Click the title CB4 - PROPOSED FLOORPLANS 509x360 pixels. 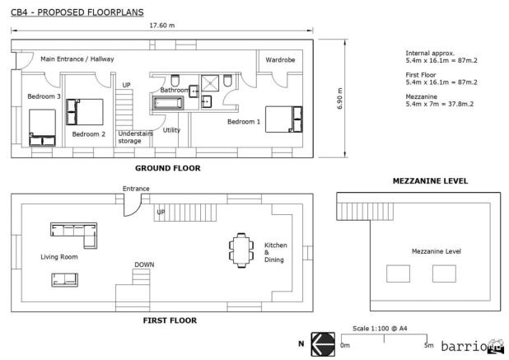[x=77, y=13]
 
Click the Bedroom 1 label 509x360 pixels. [x=244, y=122]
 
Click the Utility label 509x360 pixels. [x=171, y=130]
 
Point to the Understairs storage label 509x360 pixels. [x=136, y=137]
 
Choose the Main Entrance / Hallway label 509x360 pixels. [x=77, y=59]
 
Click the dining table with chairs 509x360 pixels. [x=240, y=250]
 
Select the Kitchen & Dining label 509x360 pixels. [x=274, y=252]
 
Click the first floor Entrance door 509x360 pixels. [x=132, y=204]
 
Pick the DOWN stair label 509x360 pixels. [x=144, y=264]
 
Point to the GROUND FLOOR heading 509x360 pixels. [x=167, y=168]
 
